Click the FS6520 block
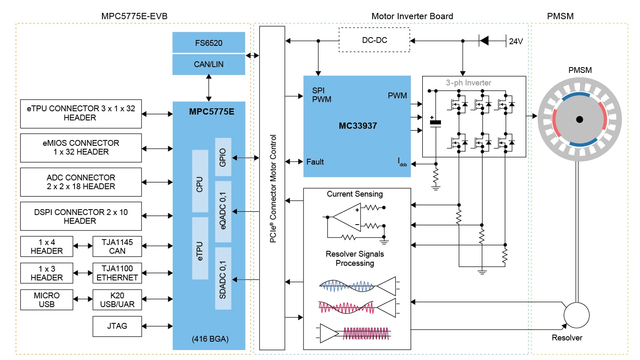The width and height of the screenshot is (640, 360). pos(209,42)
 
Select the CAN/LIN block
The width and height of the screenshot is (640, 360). pos(209,64)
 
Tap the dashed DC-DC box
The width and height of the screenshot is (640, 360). pos(374,40)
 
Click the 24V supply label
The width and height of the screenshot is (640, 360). pos(515,41)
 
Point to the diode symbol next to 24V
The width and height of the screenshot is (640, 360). pos(484,41)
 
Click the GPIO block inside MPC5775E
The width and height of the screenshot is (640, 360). pos(223,157)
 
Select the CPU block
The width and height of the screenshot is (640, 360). pos(200,181)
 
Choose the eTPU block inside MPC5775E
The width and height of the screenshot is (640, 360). pos(200,248)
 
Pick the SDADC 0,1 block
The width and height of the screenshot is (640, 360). pos(223,278)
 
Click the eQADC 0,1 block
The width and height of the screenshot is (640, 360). pos(223,211)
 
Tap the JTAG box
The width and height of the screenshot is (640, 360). pos(117,326)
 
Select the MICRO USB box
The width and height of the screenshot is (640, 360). pos(47,300)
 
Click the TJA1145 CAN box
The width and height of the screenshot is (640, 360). pos(117,246)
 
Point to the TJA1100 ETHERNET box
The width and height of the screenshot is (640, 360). pos(117,273)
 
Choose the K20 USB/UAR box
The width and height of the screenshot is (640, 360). pos(117,300)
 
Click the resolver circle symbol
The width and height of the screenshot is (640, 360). pos(576,315)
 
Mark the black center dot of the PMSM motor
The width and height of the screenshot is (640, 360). pos(579,120)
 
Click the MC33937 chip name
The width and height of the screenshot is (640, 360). pos(358,126)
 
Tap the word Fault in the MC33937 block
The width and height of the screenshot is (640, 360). pos(315,162)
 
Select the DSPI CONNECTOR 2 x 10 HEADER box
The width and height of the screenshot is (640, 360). pos(81,216)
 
